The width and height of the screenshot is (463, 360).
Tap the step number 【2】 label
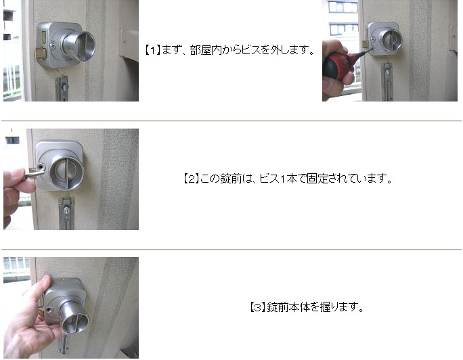pyautogui.click(x=191, y=179)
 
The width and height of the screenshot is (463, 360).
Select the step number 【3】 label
pyautogui.click(x=258, y=307)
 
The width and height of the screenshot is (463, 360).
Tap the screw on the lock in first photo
pyautogui.click(x=52, y=45)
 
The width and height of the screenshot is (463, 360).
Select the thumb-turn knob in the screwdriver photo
pyautogui.click(x=391, y=39)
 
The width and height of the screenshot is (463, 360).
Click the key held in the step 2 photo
pyautogui.click(x=33, y=173)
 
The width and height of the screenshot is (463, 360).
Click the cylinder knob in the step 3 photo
pyautogui.click(x=74, y=317)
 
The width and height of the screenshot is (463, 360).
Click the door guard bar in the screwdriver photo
pyautogui.click(x=387, y=82)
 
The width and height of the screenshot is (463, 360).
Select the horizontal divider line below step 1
pyautogui.click(x=231, y=120)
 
